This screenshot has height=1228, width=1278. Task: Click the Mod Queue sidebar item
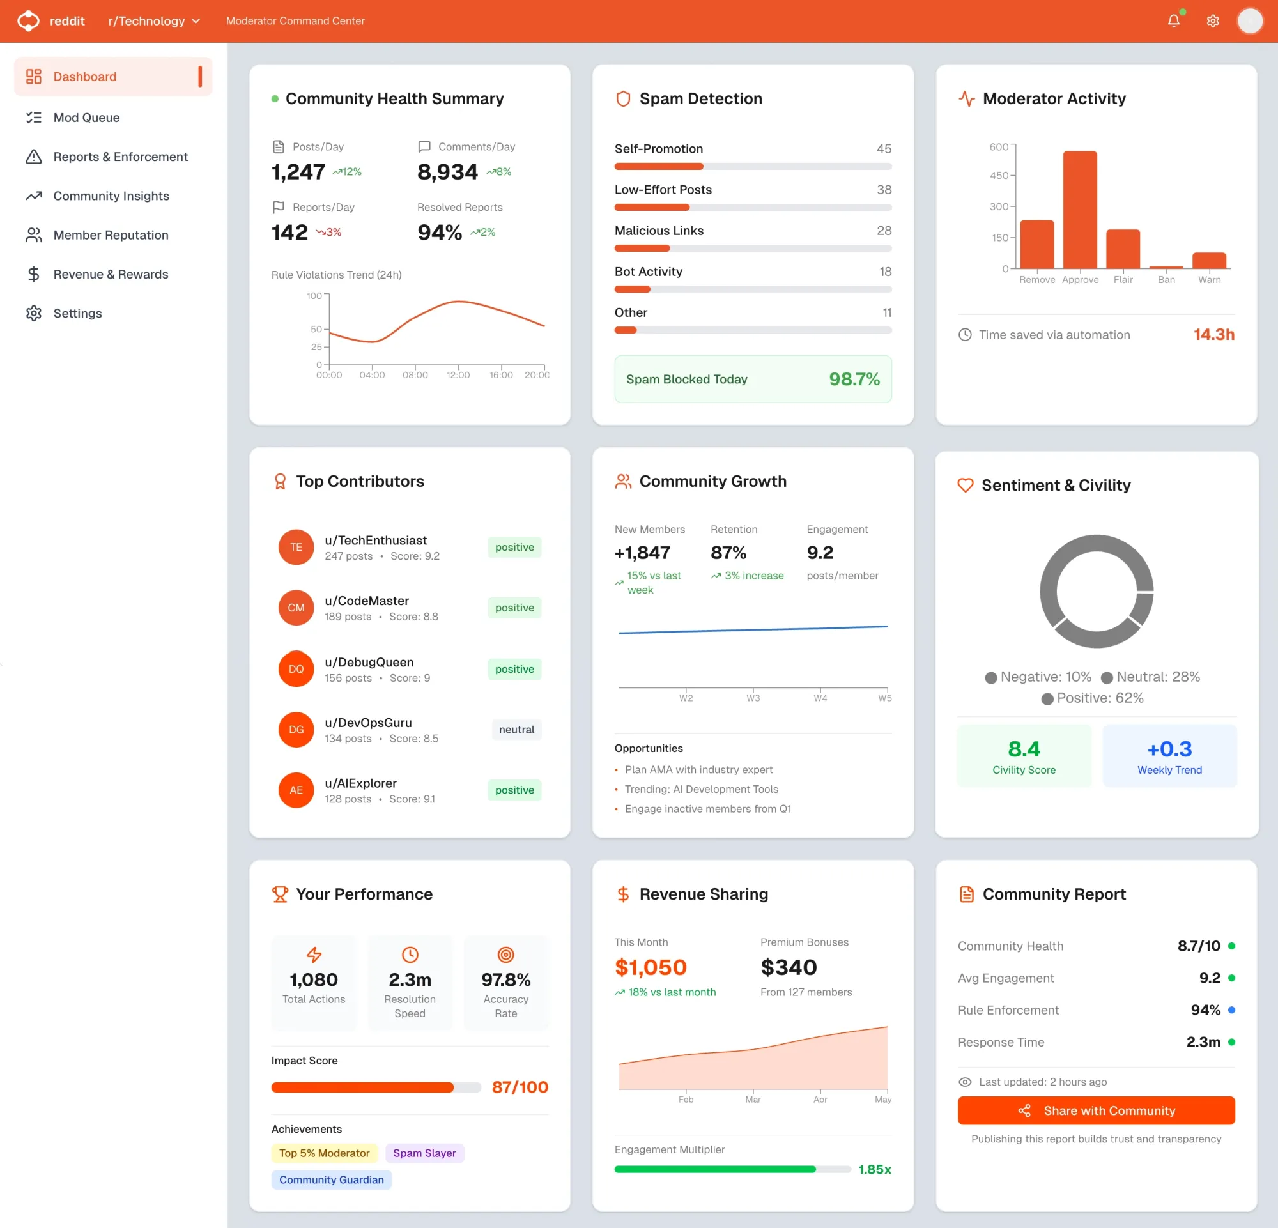pos(86,118)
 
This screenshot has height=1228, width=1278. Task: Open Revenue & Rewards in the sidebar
pos(110,273)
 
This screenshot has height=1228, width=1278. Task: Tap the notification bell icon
pos(1173,21)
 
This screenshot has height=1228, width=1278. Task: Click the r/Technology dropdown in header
pos(154,21)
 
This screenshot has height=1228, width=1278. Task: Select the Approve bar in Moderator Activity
pos(1080,209)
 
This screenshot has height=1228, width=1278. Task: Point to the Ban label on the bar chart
pos(1166,280)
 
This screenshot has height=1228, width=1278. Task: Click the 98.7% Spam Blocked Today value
pos(854,379)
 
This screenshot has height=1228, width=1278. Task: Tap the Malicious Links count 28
pos(884,231)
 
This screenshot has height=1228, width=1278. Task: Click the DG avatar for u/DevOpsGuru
pos(296,730)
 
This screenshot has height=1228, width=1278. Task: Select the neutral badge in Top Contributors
pos(516,730)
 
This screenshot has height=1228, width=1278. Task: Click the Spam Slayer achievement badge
pos(424,1153)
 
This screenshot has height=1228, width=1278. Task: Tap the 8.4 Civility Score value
pos(1024,749)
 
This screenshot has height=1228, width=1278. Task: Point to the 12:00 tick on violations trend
pos(458,375)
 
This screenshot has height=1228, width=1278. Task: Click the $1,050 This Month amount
pos(650,967)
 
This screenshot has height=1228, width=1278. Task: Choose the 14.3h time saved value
pos(1213,334)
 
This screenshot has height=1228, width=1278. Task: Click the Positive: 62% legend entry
pos(1093,698)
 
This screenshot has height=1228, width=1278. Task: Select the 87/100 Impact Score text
pos(520,1087)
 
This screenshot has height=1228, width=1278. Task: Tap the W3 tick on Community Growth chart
pos(753,698)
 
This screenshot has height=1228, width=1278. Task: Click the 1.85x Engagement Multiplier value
pos(874,1169)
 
